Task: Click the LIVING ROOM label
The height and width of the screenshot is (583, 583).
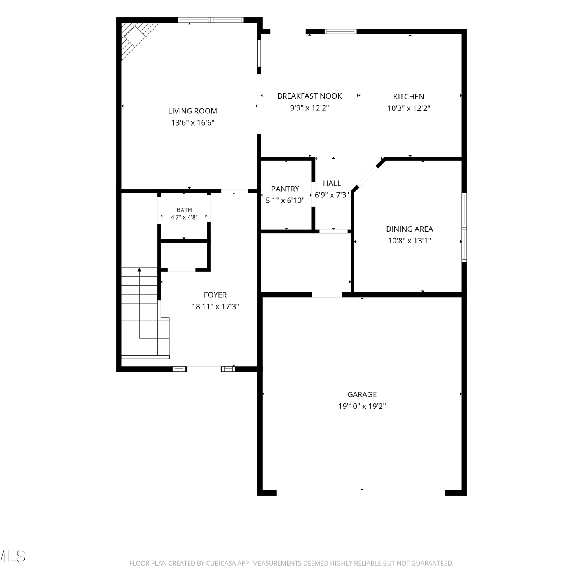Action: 192,111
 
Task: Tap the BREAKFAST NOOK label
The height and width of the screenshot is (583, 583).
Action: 310,96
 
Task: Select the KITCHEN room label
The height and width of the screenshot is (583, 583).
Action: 408,96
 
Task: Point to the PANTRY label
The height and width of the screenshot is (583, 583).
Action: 285,189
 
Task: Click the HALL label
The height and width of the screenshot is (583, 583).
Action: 332,183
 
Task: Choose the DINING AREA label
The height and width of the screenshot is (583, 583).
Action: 409,229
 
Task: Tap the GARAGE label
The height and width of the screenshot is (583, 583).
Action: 362,394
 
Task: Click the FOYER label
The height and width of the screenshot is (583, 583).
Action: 215,295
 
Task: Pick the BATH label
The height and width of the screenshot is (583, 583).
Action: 184,210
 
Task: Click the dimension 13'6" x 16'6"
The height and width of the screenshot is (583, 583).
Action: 193,123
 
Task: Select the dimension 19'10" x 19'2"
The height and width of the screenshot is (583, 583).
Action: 362,406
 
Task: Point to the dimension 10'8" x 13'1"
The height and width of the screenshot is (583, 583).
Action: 409,241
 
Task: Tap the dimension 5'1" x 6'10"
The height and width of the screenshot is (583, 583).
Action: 285,201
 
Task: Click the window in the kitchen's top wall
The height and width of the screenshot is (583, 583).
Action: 340,31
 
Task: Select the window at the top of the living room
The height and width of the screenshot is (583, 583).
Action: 211,20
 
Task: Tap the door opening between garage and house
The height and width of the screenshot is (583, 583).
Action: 327,295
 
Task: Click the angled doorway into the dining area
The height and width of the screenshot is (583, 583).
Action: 366,178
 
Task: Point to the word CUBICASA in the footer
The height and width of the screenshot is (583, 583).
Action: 221,563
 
